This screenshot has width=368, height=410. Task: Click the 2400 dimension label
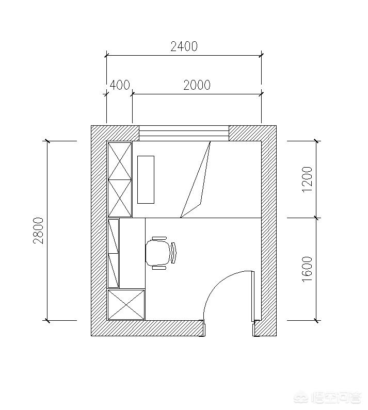click(184, 46)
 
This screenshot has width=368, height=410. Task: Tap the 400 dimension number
click(120, 85)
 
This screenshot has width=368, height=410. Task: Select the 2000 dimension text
click(197, 85)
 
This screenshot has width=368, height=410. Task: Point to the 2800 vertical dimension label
click(38, 231)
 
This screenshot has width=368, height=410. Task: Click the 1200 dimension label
click(307, 179)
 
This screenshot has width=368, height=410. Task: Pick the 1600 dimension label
click(307, 269)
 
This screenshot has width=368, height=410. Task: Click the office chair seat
click(157, 253)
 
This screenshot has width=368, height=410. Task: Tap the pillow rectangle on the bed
click(146, 179)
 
